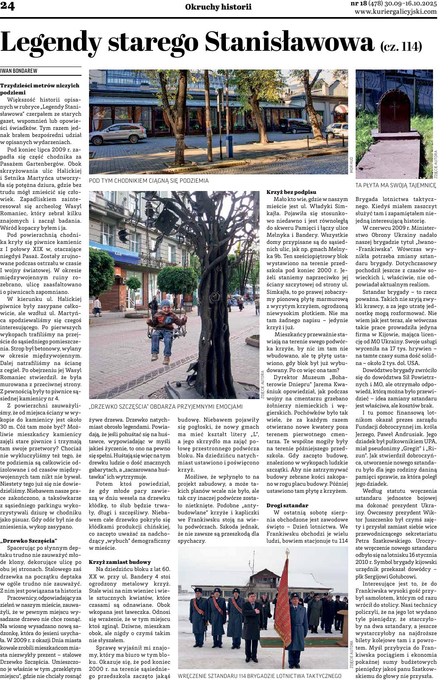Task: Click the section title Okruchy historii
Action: coord(218,7)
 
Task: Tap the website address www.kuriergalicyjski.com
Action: coord(396,12)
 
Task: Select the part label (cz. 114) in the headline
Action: coord(401,46)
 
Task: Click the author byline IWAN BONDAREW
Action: coord(19,71)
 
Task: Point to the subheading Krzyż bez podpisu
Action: coord(291,192)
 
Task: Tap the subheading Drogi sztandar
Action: coord(287,505)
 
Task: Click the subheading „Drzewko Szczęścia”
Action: coord(29,541)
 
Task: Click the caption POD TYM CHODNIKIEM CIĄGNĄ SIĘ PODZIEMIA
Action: coord(148,181)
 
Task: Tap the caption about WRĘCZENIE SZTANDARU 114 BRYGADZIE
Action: coord(259,676)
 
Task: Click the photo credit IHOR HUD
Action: coord(351,165)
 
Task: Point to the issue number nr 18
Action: coord(359,4)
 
